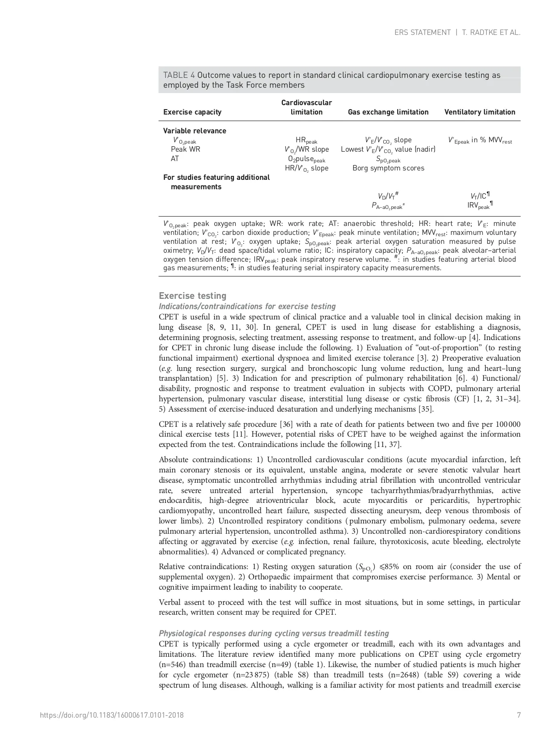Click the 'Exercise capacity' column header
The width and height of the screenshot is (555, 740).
coord(192,112)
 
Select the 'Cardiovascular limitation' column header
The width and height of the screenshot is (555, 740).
coord(306,107)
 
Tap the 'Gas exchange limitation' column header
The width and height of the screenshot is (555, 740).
coord(388,112)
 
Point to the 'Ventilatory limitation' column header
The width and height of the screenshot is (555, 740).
coord(479,112)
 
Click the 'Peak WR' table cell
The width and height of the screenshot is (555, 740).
coord(186,149)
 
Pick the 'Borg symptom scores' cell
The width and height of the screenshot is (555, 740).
coord(388,168)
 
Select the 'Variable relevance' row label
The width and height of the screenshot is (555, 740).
coord(195,131)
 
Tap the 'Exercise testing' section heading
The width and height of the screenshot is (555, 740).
coord(193,296)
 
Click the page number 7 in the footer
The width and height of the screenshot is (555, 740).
coord(519,715)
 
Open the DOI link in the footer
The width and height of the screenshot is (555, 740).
coord(112,715)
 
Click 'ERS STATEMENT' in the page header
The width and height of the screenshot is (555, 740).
coord(422,33)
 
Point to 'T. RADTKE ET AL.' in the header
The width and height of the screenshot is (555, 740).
coord(491,33)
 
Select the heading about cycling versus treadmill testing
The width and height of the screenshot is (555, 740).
coord(274,634)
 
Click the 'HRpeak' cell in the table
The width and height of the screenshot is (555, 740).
coord(306,140)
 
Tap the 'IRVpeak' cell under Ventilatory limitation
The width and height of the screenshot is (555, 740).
coord(479,206)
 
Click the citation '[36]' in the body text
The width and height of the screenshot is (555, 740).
coord(286,424)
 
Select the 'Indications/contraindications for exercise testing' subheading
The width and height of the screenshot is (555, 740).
coord(247,306)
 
